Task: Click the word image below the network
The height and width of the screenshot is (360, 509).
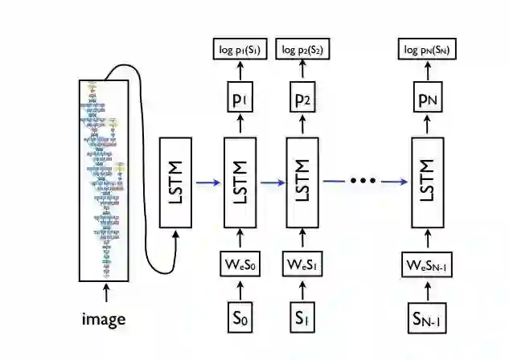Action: pos(104,319)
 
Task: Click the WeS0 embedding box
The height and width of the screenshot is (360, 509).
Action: pos(239,264)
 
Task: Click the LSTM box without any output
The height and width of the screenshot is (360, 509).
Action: pos(177,182)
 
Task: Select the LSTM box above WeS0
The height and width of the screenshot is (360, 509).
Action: pos(239,182)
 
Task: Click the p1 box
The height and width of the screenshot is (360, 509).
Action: pos(239,99)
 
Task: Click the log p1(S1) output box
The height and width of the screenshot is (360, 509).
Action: pos(239,51)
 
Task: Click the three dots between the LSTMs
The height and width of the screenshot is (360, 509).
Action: pos(363,182)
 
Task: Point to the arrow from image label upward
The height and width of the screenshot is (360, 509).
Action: pos(105,292)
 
